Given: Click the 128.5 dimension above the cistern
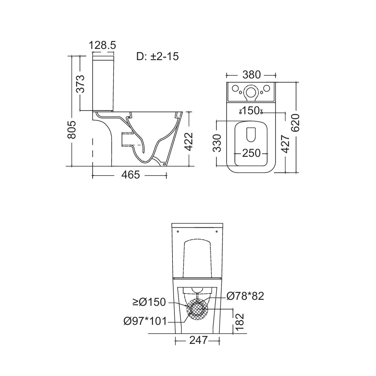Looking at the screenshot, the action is tap(102, 45).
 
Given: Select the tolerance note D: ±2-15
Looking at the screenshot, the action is tap(158, 57).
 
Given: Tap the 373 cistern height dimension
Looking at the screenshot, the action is tap(81, 84).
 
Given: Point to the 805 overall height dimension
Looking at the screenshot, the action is tap(72, 130).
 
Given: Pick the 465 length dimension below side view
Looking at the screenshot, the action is tap(130, 175).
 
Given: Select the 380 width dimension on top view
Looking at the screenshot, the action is tap(251, 75).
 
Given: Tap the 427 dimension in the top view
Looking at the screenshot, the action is tap(285, 144).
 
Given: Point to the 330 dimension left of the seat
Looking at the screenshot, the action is tap(217, 143).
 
